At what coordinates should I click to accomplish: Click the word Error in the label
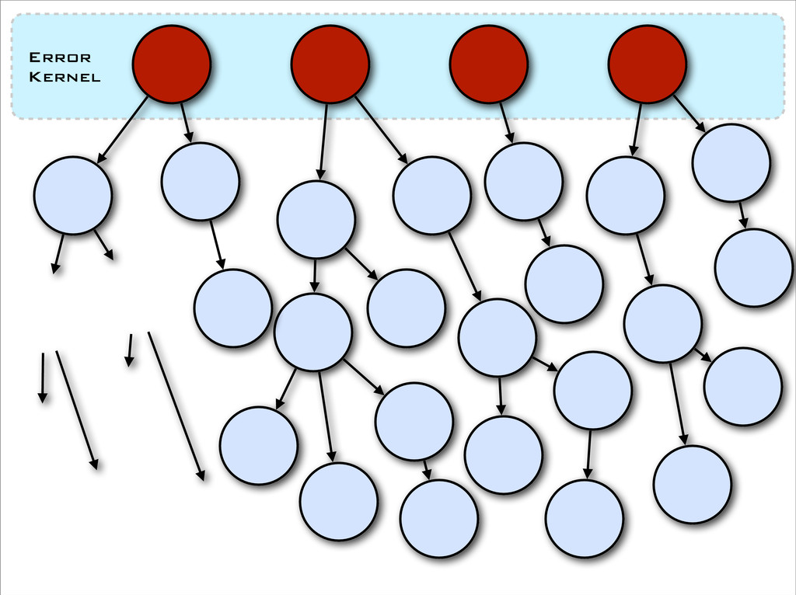point(59,57)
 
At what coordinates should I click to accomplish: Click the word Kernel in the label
point(64,77)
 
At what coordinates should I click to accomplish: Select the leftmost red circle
point(171,64)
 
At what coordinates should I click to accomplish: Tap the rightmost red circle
point(647,64)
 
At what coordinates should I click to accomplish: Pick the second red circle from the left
point(330,64)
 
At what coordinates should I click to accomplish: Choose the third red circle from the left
point(488,64)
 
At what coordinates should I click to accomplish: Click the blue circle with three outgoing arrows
point(312,332)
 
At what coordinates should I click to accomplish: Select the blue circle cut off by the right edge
point(753,267)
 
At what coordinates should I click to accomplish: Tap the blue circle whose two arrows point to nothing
point(72,195)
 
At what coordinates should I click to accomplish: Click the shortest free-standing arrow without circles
point(130,350)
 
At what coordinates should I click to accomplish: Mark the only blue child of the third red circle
point(523,181)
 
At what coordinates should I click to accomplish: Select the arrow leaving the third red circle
point(507,122)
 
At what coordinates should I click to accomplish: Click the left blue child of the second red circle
point(316,220)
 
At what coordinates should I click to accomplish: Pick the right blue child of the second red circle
point(431,195)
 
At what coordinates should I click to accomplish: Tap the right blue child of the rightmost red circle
point(731,162)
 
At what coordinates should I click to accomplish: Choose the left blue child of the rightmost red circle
point(625,195)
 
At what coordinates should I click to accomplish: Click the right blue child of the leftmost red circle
point(200,181)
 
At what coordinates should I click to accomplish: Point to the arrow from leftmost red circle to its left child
point(122,130)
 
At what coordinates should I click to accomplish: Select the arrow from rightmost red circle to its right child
point(689,113)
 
